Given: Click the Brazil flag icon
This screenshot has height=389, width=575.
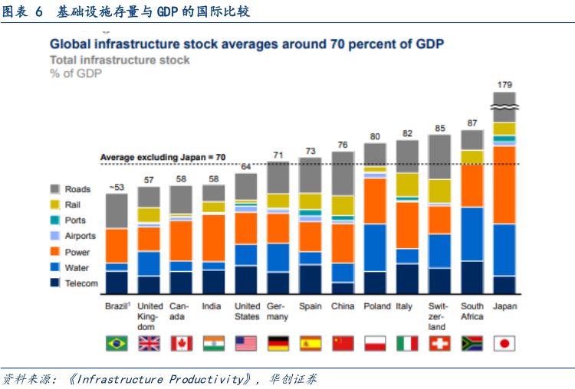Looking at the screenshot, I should pyautogui.click(x=117, y=343).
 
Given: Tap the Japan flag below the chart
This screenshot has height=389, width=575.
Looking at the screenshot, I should pyautogui.click(x=504, y=343).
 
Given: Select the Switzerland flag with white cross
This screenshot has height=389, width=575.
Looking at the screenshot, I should pyautogui.click(x=439, y=343).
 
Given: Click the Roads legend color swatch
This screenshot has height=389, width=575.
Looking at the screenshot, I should pyautogui.click(x=55, y=189).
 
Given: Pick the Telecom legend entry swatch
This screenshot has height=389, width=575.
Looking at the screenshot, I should pyautogui.click(x=55, y=283).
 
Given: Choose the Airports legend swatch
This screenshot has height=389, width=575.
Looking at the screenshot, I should pyautogui.click(x=55, y=236).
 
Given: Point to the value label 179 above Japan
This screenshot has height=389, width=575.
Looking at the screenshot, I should pyautogui.click(x=504, y=84).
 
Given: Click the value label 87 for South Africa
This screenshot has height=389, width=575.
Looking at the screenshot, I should pyautogui.click(x=472, y=123).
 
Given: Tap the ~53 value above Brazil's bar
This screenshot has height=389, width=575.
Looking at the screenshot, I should pyautogui.click(x=116, y=186).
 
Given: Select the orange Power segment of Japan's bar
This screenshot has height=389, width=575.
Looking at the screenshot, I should pyautogui.click(x=504, y=184).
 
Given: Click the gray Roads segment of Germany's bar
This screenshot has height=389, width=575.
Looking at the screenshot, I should pyautogui.click(x=278, y=176).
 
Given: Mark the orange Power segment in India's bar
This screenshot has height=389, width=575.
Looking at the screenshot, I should pyautogui.click(x=213, y=237).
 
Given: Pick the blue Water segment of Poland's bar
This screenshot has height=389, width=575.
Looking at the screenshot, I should pyautogui.click(x=375, y=247).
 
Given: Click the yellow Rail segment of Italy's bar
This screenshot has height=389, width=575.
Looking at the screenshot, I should pyautogui.click(x=407, y=184).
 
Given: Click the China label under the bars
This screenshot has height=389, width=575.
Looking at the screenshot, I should pyautogui.click(x=342, y=306).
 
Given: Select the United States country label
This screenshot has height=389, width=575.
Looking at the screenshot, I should pyautogui.click(x=246, y=311).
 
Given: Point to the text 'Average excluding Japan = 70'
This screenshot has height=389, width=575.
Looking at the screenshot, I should pyautogui.click(x=163, y=157).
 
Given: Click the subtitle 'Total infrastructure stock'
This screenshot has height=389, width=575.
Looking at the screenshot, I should pyautogui.click(x=120, y=60).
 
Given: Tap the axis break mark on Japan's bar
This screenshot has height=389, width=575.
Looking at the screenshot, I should pyautogui.click(x=504, y=104).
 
